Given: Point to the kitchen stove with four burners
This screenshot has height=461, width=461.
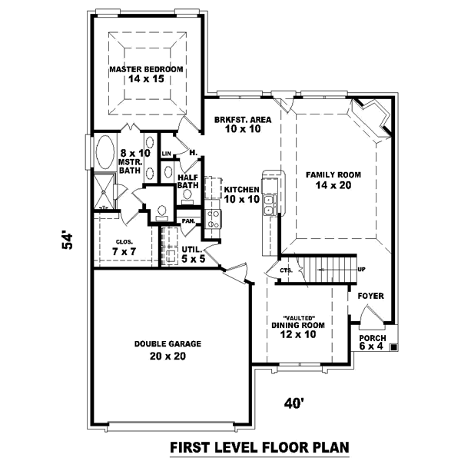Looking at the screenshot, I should tap(213, 217).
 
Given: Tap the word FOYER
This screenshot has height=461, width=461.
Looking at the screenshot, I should tap(370, 296).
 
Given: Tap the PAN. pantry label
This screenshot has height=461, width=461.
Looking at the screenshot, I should tap(187, 222).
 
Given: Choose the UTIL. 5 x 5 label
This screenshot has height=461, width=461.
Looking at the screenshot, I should tap(191, 254).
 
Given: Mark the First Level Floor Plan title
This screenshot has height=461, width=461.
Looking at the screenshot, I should tap(259, 446).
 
